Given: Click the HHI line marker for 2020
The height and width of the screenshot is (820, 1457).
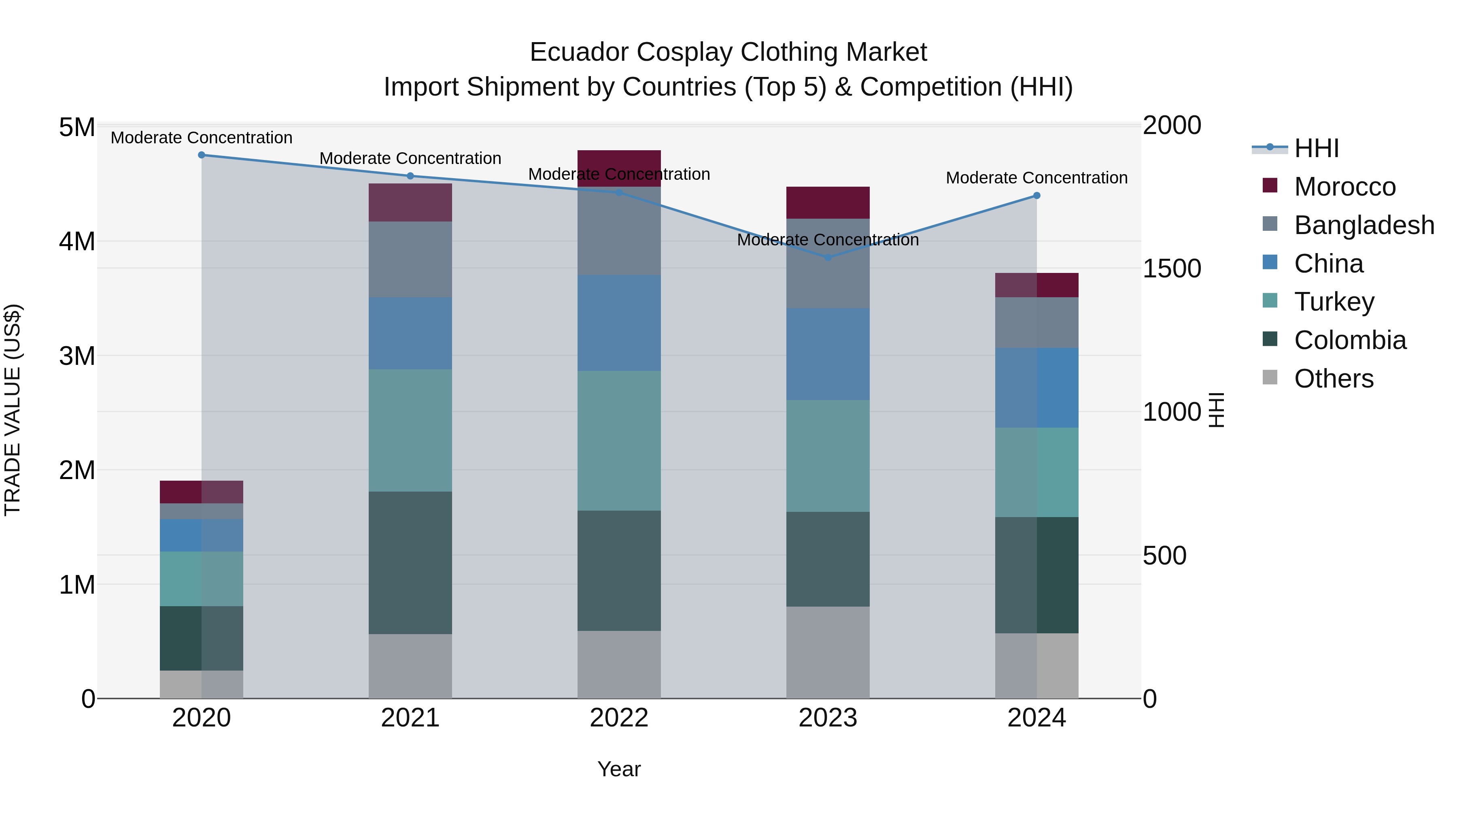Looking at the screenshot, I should pos(202,155).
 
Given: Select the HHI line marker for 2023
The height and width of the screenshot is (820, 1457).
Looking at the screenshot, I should pos(828,258).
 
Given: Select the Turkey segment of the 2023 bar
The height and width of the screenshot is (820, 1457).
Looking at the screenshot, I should pos(828,456).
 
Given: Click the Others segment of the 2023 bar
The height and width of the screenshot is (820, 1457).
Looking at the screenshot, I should pos(828,652).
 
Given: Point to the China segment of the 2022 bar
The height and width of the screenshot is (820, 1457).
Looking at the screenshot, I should pos(619,323).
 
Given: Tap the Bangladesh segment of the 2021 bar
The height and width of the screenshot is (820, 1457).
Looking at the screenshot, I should pos(410,259).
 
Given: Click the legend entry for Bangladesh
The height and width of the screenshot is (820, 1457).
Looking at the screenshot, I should pos(1364,225).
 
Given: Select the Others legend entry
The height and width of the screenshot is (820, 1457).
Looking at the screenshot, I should pos(1333,379).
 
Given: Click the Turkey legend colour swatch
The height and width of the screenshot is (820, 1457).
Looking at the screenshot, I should pos(1270,301).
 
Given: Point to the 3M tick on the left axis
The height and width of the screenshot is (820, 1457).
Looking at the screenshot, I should pos(77,356).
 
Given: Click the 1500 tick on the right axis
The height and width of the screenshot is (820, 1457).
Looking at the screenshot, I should pos(1171,269).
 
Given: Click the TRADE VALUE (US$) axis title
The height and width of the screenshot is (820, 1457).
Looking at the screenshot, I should pos(13,410).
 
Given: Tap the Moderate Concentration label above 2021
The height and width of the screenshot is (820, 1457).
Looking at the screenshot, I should pos(410,158).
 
